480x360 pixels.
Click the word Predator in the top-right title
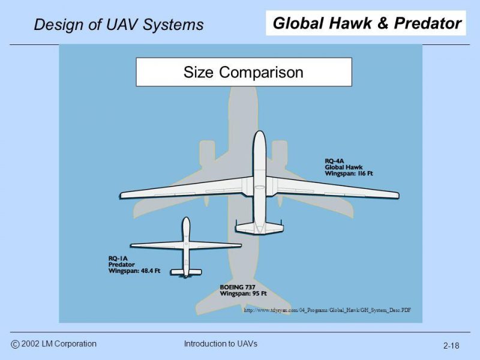[428, 23]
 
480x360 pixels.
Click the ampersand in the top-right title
[383, 23]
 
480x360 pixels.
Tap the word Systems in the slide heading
[173, 25]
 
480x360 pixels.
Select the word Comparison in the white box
[261, 73]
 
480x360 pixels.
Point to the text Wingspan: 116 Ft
[349, 173]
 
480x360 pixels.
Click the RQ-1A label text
[118, 259]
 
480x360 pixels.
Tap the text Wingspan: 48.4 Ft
[134, 271]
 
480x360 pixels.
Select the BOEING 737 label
[238, 287]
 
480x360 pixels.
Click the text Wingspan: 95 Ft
[244, 293]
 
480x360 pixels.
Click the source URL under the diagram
[327, 310]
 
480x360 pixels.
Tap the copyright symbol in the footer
[15, 344]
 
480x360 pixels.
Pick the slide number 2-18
[451, 346]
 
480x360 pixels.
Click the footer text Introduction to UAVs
[220, 344]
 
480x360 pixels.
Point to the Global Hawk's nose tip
[260, 131]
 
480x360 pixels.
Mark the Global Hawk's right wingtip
[398, 195]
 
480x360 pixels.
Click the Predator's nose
[186, 218]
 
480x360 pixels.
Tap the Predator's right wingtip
[241, 245]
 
